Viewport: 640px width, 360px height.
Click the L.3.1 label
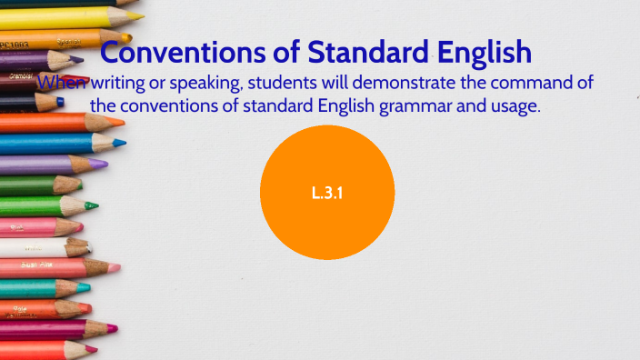pyautogui.click(x=326, y=193)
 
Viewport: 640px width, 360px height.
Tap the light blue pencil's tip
pyautogui.click(x=124, y=143)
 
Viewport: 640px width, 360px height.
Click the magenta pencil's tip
pyautogui.click(x=115, y=327)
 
